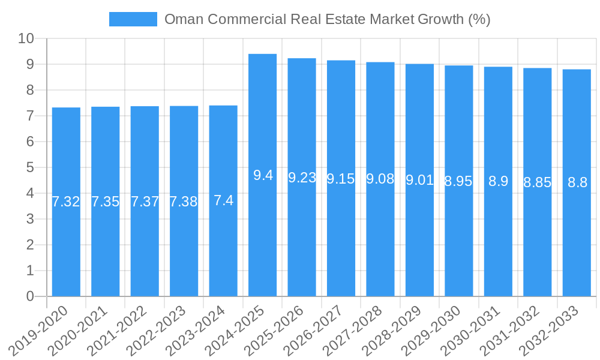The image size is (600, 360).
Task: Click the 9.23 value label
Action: (302, 178)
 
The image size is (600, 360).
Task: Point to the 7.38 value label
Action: (184, 202)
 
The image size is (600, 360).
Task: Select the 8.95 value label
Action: (458, 182)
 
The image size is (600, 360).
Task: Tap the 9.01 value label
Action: (419, 180)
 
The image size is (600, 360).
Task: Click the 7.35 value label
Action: (105, 202)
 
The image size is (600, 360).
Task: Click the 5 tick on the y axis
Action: (30, 168)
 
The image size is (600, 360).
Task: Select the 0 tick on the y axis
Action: (30, 296)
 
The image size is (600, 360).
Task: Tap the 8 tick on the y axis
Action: (30, 91)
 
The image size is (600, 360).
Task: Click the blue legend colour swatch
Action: (133, 19)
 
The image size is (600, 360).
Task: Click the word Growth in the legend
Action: (442, 19)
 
